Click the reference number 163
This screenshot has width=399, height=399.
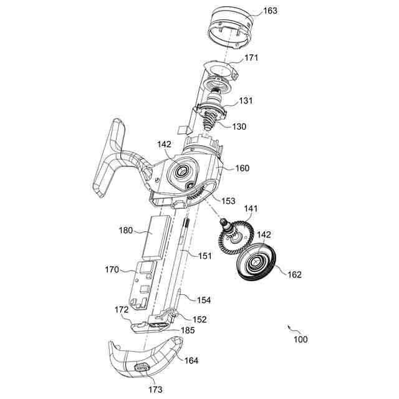tap(270, 11)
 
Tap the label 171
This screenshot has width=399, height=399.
tap(251, 57)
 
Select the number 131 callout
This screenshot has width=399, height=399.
tap(246, 100)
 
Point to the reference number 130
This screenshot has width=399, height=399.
tap(239, 127)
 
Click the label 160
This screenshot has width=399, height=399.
tap(243, 168)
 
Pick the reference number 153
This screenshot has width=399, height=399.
tap(228, 201)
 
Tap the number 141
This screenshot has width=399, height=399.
tap(251, 209)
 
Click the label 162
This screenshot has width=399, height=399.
tap(294, 274)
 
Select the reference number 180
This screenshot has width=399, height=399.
tap(126, 230)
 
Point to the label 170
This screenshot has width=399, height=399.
tap(112, 269)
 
